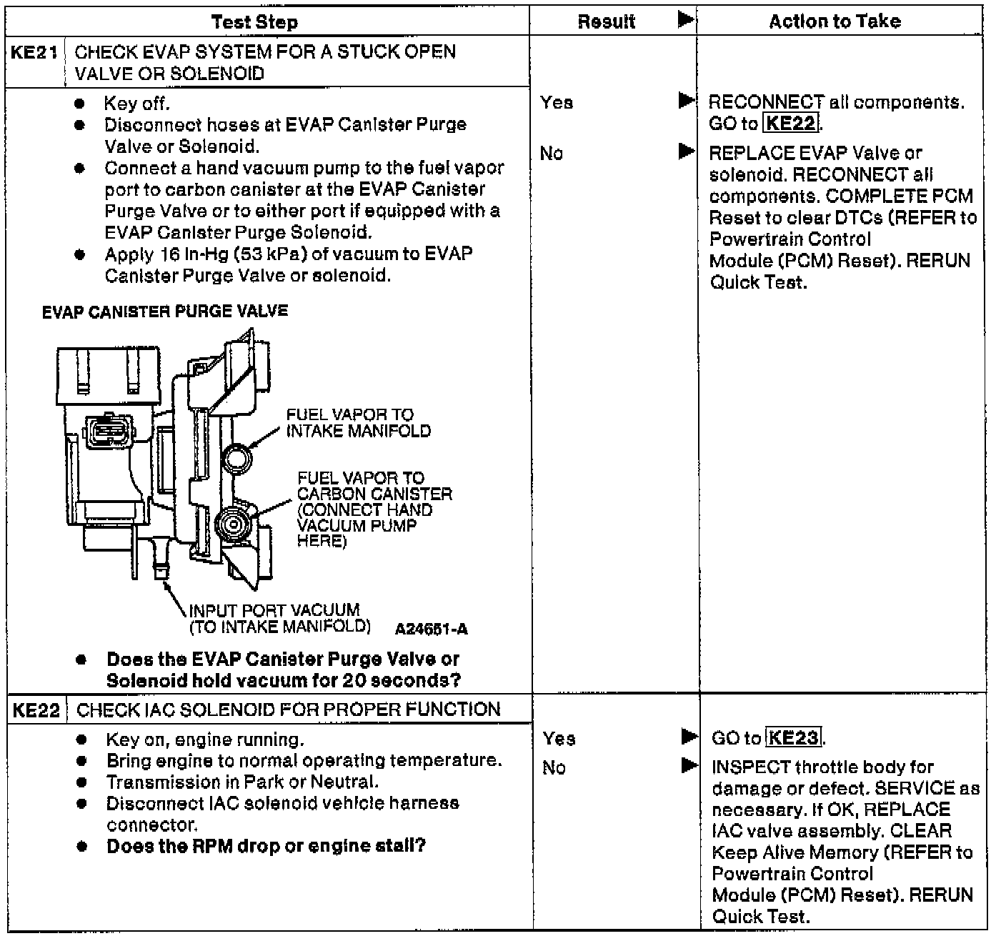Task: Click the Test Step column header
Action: click(x=254, y=22)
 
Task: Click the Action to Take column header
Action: click(x=835, y=21)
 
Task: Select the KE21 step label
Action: click(x=34, y=52)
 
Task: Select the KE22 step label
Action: click(x=36, y=710)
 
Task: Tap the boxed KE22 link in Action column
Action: click(x=790, y=124)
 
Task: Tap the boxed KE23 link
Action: click(x=793, y=737)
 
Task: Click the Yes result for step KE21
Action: click(x=557, y=103)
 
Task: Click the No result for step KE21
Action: click(x=551, y=153)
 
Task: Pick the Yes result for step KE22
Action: click(x=559, y=738)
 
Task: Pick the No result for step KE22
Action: click(x=554, y=767)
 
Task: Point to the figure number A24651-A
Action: click(x=431, y=629)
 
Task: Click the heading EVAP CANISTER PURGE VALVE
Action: click(x=165, y=312)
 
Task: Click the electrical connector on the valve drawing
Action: click(x=104, y=431)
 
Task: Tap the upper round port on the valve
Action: click(x=236, y=455)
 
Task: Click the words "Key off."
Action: click(x=136, y=104)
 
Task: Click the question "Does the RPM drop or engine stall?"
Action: click(x=266, y=846)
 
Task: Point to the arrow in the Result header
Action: click(x=685, y=20)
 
